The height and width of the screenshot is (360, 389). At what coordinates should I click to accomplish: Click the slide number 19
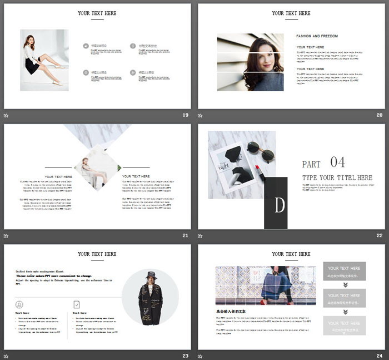click(x=185, y=115)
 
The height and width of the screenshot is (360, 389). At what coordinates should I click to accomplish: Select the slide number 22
click(x=379, y=235)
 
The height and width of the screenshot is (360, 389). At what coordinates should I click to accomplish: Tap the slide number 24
click(x=379, y=356)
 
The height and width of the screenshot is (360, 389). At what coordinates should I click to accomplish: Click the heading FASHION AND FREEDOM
click(x=317, y=36)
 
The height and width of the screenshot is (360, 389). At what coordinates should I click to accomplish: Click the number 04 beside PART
click(x=338, y=162)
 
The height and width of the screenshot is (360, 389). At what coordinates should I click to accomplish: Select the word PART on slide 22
click(x=311, y=165)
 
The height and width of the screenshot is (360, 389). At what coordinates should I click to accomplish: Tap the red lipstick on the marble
click(x=258, y=167)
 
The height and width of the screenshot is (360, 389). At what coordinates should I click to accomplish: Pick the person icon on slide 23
click(x=19, y=304)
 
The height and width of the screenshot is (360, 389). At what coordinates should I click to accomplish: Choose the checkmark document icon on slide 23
click(x=76, y=304)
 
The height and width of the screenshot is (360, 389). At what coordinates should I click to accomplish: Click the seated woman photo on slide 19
click(x=44, y=60)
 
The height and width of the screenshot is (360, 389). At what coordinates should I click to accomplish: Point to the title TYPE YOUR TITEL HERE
click(x=337, y=177)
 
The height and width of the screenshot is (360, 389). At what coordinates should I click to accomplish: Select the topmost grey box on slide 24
click(x=344, y=271)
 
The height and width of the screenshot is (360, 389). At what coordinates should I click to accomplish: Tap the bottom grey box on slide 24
click(x=344, y=326)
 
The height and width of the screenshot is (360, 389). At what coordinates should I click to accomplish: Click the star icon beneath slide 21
click(x=6, y=236)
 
